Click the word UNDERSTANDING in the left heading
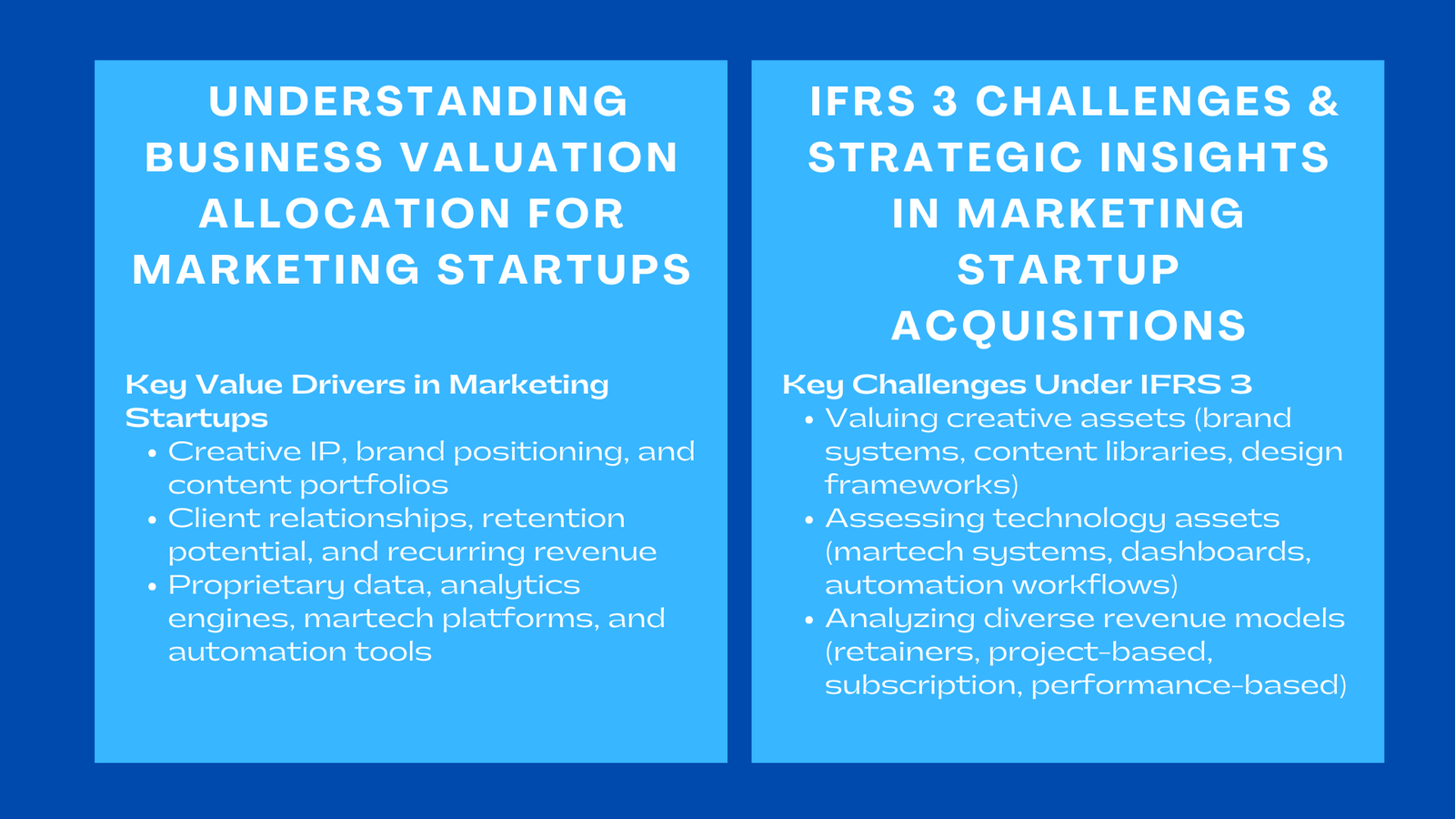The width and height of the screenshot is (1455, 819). pyautogui.click(x=418, y=101)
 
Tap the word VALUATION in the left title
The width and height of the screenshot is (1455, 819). pyautogui.click(x=539, y=157)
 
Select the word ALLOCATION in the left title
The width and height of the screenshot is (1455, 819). pyautogui.click(x=355, y=214)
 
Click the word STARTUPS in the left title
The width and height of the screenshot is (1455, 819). pyautogui.click(x=565, y=270)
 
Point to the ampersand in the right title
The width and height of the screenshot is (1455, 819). pyautogui.click(x=1323, y=101)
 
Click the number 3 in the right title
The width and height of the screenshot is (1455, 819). pyautogui.click(x=946, y=101)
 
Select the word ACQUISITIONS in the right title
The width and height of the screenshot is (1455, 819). pyautogui.click(x=1069, y=326)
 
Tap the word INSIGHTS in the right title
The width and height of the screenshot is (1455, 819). pyautogui.click(x=1214, y=157)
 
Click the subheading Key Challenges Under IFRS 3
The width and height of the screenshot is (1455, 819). pyautogui.click(x=1017, y=385)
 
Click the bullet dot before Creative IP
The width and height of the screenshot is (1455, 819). pyautogui.click(x=153, y=453)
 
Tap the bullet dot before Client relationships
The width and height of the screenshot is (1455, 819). pyautogui.click(x=153, y=520)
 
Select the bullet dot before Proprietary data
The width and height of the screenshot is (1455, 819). pyautogui.click(x=153, y=586)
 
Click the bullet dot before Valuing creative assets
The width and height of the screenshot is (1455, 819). pyautogui.click(x=809, y=420)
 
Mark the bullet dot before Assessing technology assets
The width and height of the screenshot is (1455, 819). pyautogui.click(x=809, y=520)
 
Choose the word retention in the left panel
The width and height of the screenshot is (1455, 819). pyautogui.click(x=553, y=519)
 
